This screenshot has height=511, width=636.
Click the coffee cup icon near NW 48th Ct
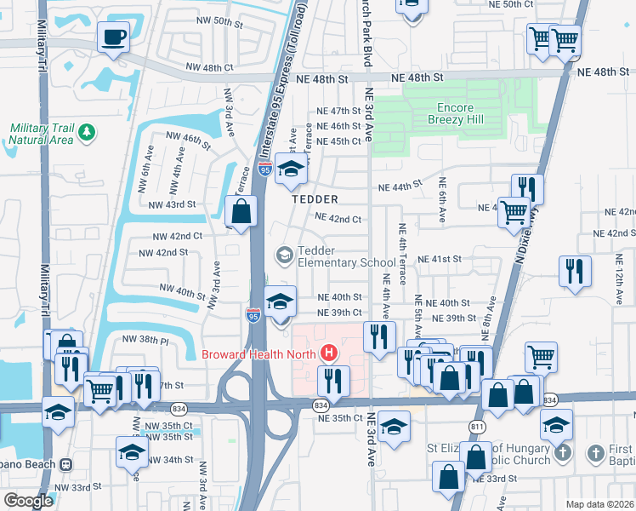(x=113, y=37)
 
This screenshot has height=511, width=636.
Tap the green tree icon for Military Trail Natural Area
(x=87, y=133)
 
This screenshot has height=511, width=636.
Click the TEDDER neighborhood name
(x=315, y=198)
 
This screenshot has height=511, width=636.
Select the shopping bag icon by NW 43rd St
(x=241, y=210)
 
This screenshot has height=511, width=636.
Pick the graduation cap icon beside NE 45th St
(x=291, y=169)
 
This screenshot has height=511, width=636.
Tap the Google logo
(x=28, y=500)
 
